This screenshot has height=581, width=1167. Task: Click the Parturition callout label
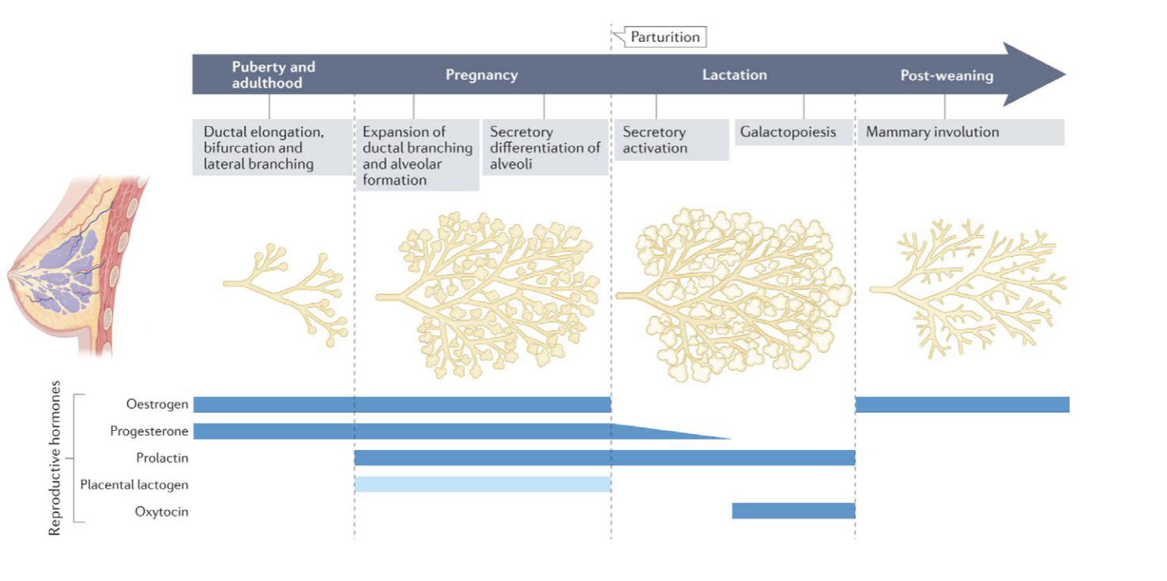664,36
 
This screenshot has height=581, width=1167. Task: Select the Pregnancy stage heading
481,75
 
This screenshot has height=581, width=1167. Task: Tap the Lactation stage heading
734,75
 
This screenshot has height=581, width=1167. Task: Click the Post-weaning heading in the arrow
947,76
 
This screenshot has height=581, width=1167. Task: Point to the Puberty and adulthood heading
273,75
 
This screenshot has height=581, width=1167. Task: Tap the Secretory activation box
671,140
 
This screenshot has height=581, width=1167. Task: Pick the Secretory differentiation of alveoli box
544,148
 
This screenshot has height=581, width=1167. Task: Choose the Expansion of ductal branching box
416,156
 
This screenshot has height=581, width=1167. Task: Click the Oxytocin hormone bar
793,512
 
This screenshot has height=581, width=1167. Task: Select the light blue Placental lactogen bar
482,485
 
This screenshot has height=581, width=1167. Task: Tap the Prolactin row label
162,458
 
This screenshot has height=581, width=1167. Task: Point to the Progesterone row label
149,431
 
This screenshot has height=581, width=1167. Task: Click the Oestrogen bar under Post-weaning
962,404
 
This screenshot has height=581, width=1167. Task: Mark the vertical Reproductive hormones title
55,458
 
